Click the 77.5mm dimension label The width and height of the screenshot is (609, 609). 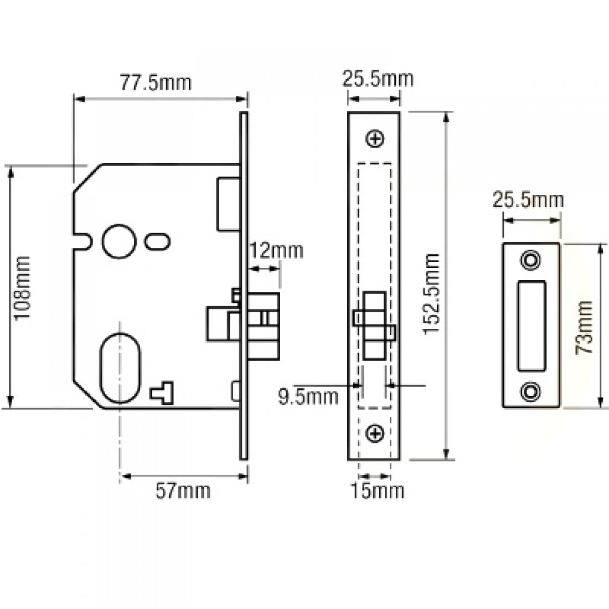coord(156,82)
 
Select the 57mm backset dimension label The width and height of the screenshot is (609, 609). coord(183,491)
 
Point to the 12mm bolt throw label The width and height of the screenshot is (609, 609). coord(276,251)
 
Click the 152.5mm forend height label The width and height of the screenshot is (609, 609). coord(431,293)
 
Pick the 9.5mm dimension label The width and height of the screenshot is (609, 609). coord(308,397)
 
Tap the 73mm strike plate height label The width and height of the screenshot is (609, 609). coord(584,327)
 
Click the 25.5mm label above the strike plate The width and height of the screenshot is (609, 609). coord(528,200)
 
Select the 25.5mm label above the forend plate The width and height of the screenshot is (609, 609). coord(378,79)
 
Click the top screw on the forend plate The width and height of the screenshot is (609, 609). coord(375,138)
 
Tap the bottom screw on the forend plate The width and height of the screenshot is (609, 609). coord(375,433)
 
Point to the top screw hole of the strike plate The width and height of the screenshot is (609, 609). coord(531,260)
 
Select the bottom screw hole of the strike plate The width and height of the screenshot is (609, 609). coord(531,391)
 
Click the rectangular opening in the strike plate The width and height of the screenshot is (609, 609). coord(531,326)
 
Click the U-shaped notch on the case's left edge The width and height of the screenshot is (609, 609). coord(84,240)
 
